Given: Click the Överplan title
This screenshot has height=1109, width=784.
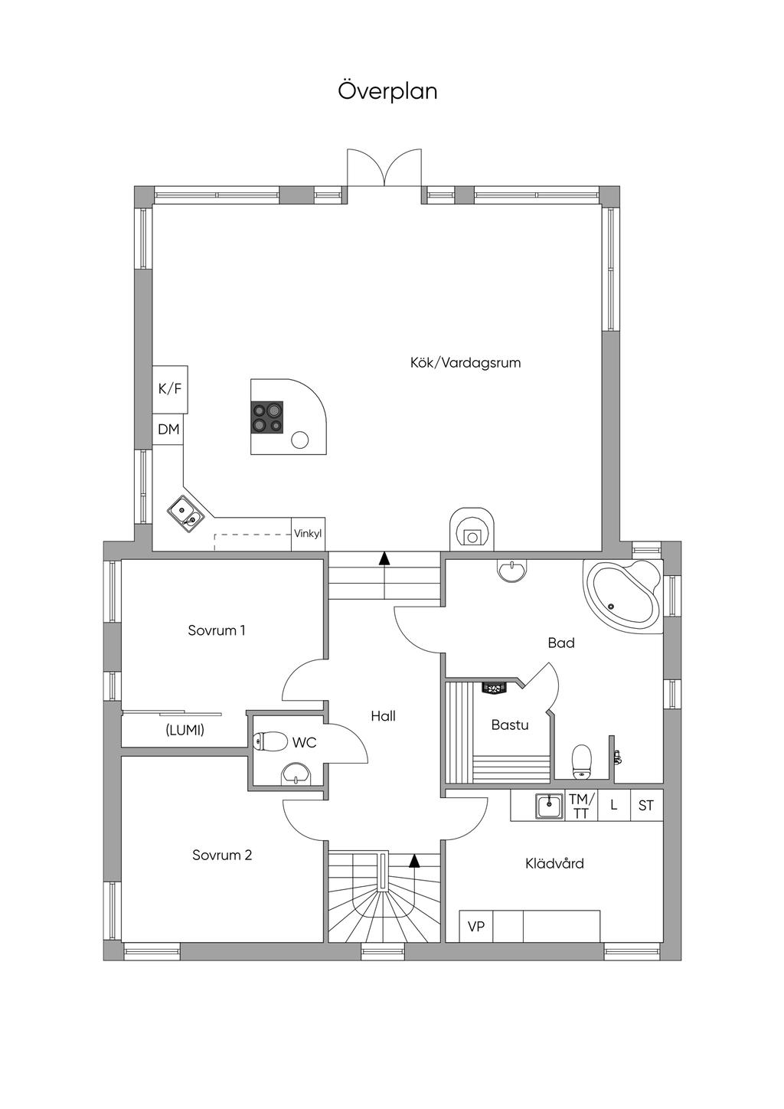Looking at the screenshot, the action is (x=387, y=92).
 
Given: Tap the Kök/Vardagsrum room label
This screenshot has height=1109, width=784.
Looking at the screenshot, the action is (x=465, y=363).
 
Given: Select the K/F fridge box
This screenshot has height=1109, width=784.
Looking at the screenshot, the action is (x=170, y=389).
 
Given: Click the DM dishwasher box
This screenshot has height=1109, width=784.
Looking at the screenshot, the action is (x=168, y=429).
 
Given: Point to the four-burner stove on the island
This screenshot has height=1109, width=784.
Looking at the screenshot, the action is (x=267, y=417).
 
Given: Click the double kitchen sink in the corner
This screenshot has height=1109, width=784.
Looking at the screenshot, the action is (x=185, y=515).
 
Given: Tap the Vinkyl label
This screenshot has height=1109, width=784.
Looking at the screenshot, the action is (x=308, y=534).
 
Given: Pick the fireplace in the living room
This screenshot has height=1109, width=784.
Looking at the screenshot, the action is (x=472, y=528).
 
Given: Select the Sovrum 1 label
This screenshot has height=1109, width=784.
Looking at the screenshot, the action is (x=217, y=630).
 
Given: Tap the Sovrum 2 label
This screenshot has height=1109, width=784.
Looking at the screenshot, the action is (x=222, y=855).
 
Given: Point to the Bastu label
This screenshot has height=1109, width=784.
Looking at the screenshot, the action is (x=510, y=725).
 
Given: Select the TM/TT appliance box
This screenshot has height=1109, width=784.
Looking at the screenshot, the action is (x=581, y=806).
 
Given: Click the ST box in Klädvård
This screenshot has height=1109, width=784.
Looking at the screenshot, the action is (x=646, y=806).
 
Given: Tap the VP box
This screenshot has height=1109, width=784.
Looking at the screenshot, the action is (x=476, y=926).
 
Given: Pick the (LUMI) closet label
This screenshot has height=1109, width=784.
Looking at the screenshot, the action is (x=185, y=730).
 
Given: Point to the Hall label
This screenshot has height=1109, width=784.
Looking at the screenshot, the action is (x=383, y=716).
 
